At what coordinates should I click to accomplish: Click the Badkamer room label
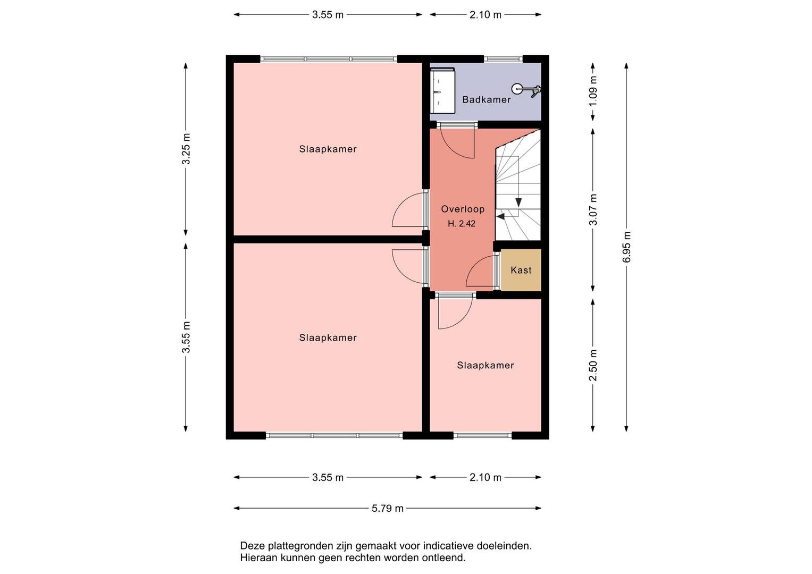point(486,99)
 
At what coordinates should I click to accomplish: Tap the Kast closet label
point(521,270)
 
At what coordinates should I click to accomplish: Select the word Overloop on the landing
point(463,209)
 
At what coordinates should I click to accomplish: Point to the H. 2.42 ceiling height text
point(462,224)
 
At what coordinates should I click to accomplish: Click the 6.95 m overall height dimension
point(627,247)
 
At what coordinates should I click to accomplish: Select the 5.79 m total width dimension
point(387,509)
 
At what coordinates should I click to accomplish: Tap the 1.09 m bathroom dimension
point(593,91)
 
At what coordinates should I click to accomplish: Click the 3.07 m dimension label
point(593,209)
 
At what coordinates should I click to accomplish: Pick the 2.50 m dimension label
point(593,365)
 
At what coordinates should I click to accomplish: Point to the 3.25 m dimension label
point(186,149)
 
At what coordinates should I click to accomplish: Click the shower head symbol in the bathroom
point(525,89)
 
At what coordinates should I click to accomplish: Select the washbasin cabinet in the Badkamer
point(442,90)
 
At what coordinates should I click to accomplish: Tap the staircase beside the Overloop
point(518,185)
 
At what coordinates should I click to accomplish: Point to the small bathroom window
point(503,58)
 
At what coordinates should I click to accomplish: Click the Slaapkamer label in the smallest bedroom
point(485,365)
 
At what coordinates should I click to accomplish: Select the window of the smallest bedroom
point(482,435)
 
